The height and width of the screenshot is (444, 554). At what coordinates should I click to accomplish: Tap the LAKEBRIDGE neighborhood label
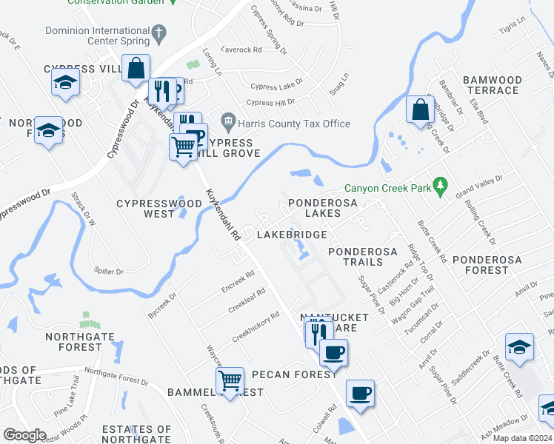point(292,235)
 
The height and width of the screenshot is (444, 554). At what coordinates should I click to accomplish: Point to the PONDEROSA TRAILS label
point(365,257)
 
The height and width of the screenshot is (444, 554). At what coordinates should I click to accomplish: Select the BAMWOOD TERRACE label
point(491,84)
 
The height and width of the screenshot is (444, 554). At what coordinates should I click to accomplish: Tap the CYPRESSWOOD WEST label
point(159,208)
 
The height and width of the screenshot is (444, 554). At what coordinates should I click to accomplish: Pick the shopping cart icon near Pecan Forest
point(230,381)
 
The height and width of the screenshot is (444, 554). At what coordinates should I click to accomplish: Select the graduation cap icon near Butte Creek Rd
point(519,346)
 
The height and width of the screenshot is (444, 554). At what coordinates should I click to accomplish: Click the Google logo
point(24,435)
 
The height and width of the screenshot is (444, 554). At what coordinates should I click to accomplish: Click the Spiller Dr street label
point(110,272)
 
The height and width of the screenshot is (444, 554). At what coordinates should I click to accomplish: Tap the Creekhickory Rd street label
point(256,326)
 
